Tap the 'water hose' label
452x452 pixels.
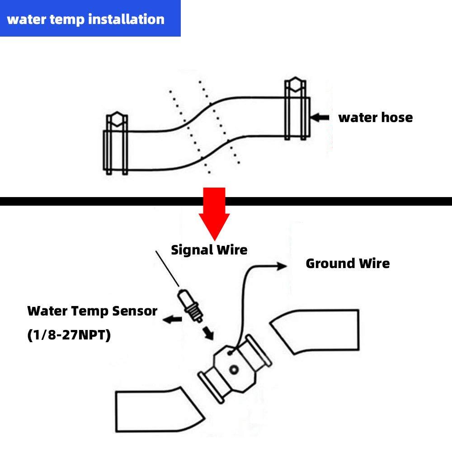click(375, 118)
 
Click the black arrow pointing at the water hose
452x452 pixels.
click(321, 118)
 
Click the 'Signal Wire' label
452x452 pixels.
click(209, 250)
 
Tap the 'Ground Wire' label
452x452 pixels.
click(347, 263)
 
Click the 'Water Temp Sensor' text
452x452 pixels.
click(92, 311)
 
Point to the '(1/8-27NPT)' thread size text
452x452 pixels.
click(69, 336)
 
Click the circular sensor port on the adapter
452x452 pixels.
click(234, 370)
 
